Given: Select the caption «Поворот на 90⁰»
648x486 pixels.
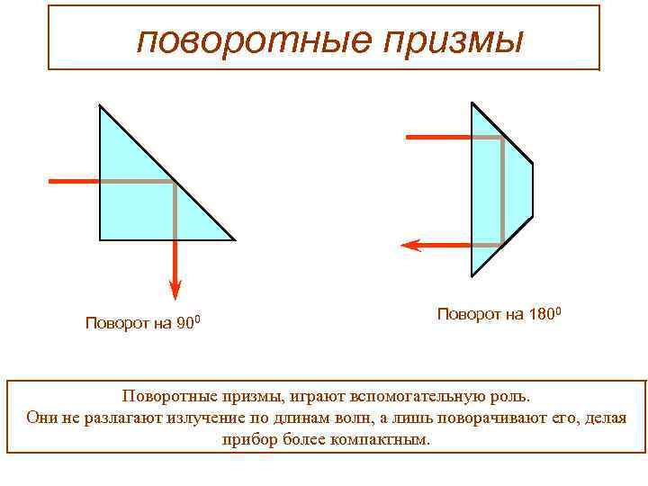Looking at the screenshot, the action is tap(148, 323).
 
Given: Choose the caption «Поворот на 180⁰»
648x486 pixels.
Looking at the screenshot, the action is tap(499, 314).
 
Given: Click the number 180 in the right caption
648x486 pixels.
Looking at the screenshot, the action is tap(542, 314).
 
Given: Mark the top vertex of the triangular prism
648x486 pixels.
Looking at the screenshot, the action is tap(100, 106).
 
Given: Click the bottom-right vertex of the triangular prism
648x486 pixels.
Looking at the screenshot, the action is tap(234, 240).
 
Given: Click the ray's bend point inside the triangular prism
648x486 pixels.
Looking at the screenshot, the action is tap(175, 182).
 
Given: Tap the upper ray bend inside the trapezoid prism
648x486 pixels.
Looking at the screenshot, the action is tap(501, 138).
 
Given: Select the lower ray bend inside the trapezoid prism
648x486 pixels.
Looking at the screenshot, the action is tap(501, 244).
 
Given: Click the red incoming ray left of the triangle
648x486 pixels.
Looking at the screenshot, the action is tap(73, 182).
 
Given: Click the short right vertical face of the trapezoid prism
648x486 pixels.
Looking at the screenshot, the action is tap(533, 190).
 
